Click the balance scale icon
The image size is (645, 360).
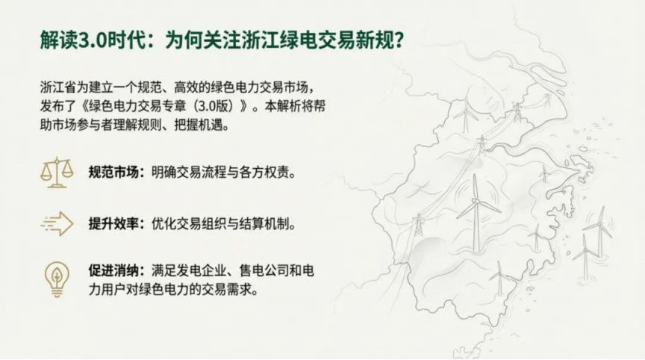click(57, 173)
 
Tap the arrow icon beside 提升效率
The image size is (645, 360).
click(57, 223)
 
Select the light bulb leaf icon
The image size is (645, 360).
click(57, 273)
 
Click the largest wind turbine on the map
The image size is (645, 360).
click(476, 205)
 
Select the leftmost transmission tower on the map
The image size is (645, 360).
click(418, 224)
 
